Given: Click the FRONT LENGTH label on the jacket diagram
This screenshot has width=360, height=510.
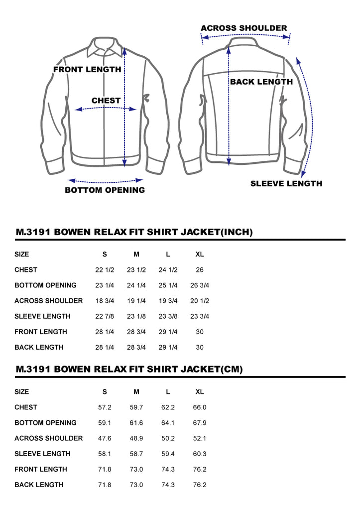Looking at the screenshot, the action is click(87, 69).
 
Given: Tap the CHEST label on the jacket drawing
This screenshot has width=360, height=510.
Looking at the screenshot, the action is click(106, 101).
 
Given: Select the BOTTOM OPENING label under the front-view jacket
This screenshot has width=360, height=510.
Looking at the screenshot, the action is click(105, 190).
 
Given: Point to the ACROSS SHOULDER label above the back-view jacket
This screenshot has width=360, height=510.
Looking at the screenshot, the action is click(244, 28).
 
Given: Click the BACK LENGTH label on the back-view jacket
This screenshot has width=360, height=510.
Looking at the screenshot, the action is click(261, 82).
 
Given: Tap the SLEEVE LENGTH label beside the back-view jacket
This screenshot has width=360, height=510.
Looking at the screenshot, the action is click(286, 183).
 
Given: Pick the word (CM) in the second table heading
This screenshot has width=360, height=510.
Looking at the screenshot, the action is click(232, 369).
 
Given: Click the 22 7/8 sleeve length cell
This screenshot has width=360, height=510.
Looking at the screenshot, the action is click(105, 316).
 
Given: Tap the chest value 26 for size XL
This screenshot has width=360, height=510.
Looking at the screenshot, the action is click(200, 269).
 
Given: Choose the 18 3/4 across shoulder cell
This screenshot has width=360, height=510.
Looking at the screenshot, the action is click(105, 301).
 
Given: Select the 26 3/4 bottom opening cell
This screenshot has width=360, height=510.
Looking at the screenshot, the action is click(200, 285).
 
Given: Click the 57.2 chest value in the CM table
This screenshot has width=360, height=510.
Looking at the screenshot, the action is click(105, 407).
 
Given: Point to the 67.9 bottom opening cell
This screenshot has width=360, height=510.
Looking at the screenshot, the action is click(200, 423).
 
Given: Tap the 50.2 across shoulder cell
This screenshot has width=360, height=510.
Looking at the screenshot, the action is click(168, 438).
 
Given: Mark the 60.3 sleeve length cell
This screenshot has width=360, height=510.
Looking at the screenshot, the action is click(200, 454).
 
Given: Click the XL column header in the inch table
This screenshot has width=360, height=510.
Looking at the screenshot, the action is click(200, 255).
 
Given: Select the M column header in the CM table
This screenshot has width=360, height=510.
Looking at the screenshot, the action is click(136, 391).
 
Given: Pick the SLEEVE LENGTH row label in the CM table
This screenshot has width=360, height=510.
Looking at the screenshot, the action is click(42, 454).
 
